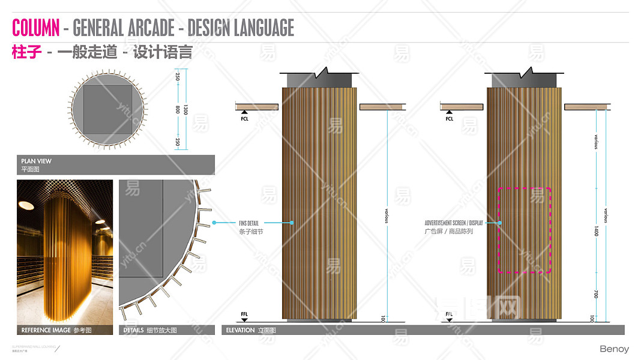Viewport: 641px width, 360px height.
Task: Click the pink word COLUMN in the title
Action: (x=36, y=28)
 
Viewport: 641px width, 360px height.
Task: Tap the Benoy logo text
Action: (x=614, y=349)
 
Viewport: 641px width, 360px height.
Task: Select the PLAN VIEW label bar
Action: (x=115, y=164)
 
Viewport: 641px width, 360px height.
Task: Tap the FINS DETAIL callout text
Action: (x=249, y=223)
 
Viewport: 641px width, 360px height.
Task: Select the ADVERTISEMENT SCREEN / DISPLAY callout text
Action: (x=453, y=223)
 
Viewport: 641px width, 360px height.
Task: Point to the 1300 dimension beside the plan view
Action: (x=185, y=109)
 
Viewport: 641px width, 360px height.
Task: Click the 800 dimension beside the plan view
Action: (x=178, y=109)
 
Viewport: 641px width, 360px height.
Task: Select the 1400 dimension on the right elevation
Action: (x=596, y=230)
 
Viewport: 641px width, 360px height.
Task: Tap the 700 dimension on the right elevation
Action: (x=596, y=293)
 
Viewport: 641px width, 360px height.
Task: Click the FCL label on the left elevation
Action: (x=244, y=119)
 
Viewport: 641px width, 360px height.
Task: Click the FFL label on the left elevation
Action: (x=244, y=314)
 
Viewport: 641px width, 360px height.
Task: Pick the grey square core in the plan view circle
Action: (x=107, y=109)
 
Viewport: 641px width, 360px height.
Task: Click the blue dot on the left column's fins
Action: (x=292, y=223)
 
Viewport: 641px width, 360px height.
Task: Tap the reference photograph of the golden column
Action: (x=65, y=252)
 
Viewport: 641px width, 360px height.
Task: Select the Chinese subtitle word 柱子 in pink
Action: (x=27, y=52)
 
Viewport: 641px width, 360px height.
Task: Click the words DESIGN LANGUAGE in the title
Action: (x=241, y=28)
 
